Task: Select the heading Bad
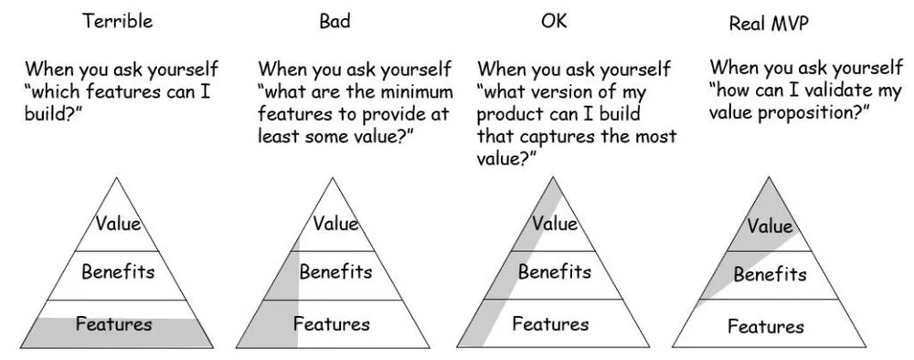tap(335, 21)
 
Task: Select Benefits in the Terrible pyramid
tap(118, 271)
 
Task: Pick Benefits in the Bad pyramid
tap(335, 271)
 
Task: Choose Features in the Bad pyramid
tap(332, 323)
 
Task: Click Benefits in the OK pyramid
tap(554, 271)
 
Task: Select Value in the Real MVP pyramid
tap(771, 227)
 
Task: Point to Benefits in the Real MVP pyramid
tap(771, 274)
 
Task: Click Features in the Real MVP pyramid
tap(767, 326)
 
